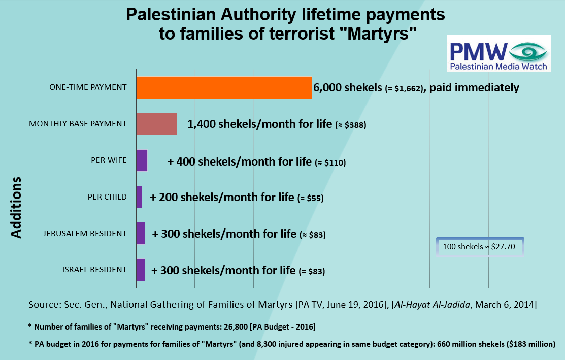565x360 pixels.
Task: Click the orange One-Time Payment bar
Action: point(223,87)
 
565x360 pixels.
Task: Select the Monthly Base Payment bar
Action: point(156,124)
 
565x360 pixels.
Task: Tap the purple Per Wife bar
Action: point(142,160)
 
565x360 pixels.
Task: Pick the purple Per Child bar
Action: point(139,197)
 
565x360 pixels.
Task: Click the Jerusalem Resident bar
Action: point(140,234)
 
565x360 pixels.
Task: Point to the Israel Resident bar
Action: point(140,270)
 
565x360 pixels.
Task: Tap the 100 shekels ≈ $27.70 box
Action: point(479,247)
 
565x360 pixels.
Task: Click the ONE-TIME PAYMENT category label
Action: point(88,87)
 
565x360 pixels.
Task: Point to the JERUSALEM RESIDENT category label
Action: point(85,234)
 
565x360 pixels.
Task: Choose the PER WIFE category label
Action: point(109,160)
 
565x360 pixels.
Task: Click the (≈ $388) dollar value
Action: point(351,125)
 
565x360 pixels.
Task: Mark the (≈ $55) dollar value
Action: point(310,198)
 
